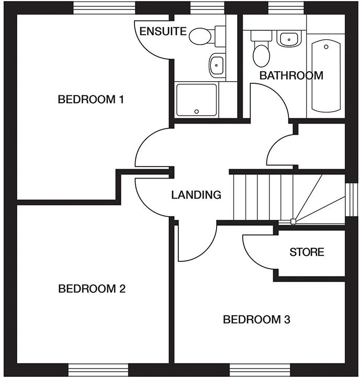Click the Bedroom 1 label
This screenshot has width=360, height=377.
coord(91,99)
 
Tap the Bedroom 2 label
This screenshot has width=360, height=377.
coord(92,289)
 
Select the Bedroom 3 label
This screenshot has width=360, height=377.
coord(256,319)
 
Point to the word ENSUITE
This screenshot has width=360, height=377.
coord(163,31)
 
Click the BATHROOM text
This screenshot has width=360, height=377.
coord(291,75)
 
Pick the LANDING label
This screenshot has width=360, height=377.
coord(196,195)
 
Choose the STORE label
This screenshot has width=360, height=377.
coord(307,252)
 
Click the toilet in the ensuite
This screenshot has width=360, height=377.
coord(201,36)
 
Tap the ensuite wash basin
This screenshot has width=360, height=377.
coord(216,65)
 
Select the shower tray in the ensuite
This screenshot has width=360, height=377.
coord(196,99)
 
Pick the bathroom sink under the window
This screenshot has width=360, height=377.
coord(288,39)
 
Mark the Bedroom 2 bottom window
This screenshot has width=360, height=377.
coord(98,369)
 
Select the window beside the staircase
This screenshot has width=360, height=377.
coord(352,199)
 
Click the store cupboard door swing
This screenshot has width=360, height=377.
coord(257,251)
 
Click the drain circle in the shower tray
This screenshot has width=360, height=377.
coord(197,111)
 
